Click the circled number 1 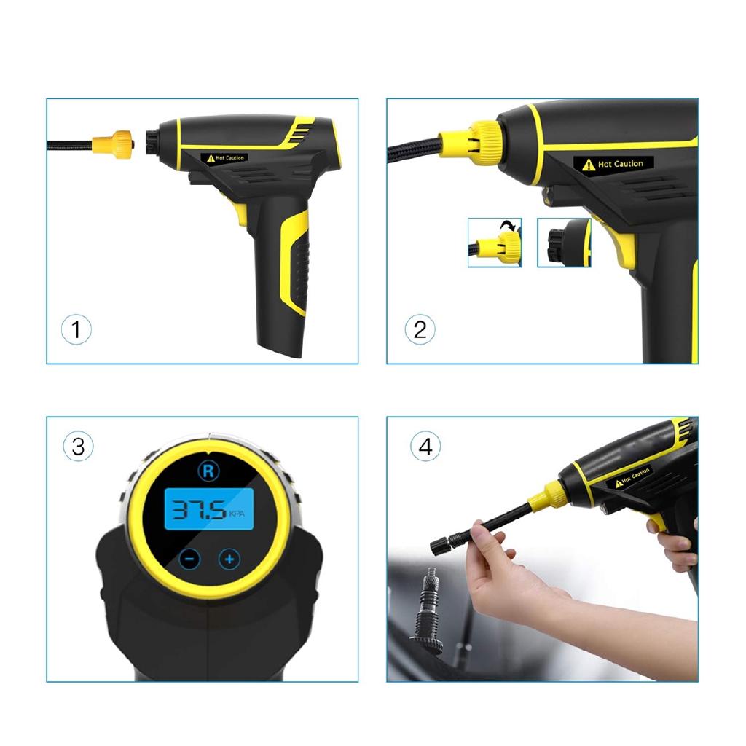76,330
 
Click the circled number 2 420,329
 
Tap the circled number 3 78,446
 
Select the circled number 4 425,446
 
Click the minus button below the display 189,559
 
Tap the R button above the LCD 208,471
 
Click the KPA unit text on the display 237,514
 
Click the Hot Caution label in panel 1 227,157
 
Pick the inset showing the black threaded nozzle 564,243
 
